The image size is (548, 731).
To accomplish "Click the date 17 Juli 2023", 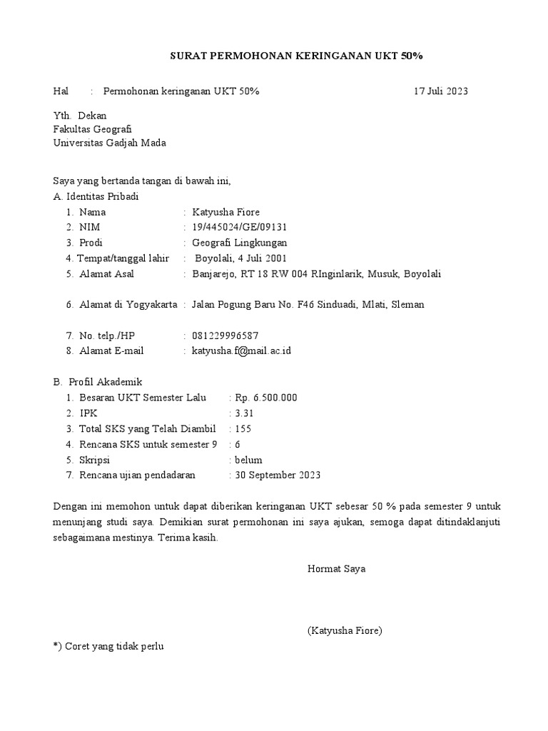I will click(441, 91).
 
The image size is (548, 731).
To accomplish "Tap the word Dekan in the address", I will click(92, 116).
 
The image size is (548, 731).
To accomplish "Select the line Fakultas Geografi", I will click(93, 129).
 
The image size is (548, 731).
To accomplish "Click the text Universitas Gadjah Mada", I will click(110, 143).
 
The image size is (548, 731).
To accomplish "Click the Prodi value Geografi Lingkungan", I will click(240, 243).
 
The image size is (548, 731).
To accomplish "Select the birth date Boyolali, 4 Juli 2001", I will click(240, 258).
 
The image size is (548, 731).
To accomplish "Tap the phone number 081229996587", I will click(225, 336).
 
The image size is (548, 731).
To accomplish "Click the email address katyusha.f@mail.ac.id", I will click(242, 351).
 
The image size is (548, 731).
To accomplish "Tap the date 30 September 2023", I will click(277, 475).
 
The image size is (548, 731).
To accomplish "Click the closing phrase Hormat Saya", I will click(336, 569).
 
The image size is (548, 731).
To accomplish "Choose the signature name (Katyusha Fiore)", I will click(345, 630).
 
